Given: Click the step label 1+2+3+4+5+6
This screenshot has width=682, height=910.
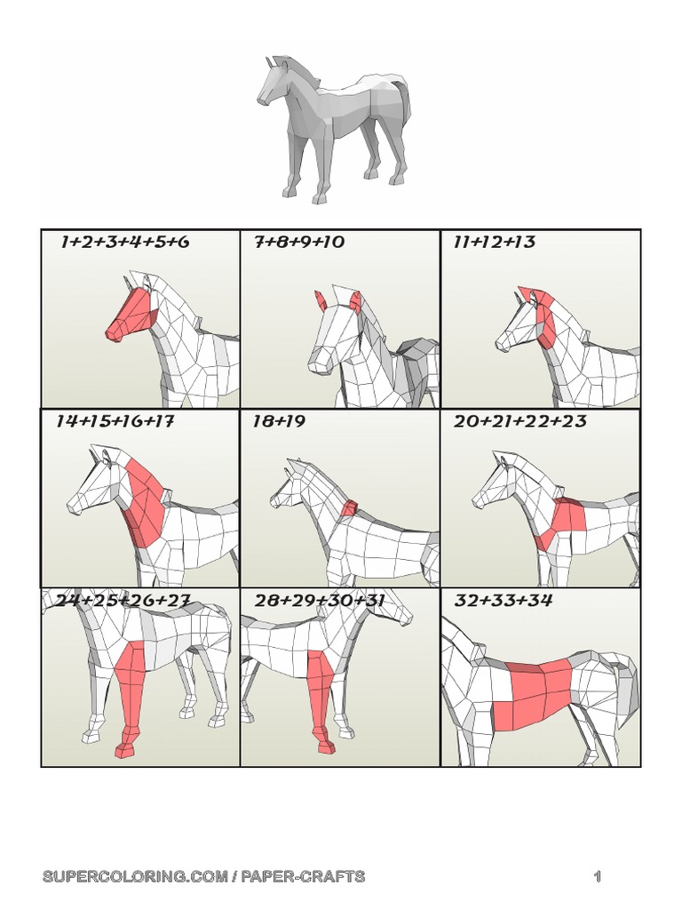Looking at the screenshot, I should pos(125,243).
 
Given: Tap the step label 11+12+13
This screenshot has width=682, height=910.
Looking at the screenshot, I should pos(495,243).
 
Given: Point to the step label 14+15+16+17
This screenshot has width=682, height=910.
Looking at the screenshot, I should pos(115,421).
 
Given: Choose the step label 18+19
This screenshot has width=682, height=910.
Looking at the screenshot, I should pos(279,421).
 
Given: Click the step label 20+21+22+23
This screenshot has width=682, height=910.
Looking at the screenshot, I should pos(520,421).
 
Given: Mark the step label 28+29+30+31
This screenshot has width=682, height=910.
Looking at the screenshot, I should pos(320,601).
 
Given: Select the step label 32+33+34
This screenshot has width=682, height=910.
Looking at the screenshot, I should pos(504,601).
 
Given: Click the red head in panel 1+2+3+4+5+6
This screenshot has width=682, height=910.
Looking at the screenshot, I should pos(131,315).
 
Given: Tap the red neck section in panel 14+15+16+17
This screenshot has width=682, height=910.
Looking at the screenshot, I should pos(145,502).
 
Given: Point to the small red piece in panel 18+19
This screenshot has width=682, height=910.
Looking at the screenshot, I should pos(350,508).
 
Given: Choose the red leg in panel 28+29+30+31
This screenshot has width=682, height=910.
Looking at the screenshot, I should pos(320,689).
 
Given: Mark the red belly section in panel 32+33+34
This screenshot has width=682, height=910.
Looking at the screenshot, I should pos(531,698).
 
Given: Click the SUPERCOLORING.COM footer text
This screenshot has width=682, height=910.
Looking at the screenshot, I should pos(203,877).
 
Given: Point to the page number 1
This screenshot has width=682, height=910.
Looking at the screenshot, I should pos(598,877).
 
